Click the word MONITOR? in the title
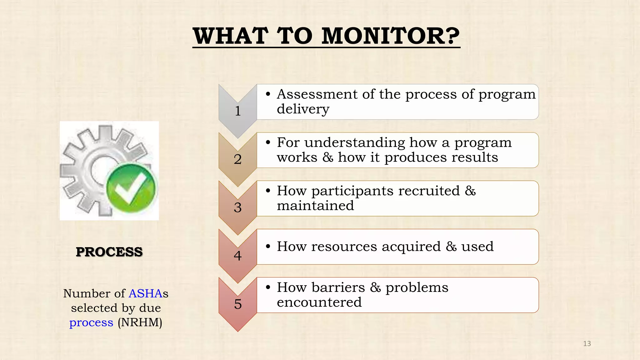[390, 36]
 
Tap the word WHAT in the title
[231, 36]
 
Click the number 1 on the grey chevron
[238, 111]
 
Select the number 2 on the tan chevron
[238, 159]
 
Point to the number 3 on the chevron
[238, 207]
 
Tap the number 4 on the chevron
[238, 256]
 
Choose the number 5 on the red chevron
[238, 304]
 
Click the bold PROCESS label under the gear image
[109, 252]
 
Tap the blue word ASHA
[145, 293]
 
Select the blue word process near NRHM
[91, 322]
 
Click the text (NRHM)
[140, 322]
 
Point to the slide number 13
[587, 344]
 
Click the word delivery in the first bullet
[303, 109]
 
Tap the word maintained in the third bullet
[315, 206]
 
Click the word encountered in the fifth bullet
[319, 302]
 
